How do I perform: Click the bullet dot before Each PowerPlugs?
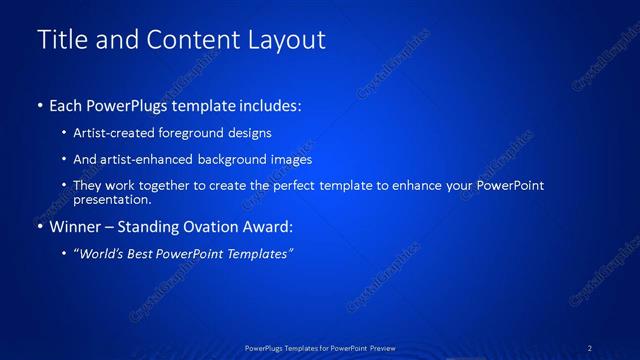pyautogui.click(x=40, y=105)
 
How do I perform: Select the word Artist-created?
pyautogui.click(x=107, y=132)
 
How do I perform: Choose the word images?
pyautogui.click(x=290, y=159)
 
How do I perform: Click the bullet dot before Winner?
pyautogui.click(x=40, y=227)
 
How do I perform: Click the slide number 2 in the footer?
pyautogui.click(x=590, y=347)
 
